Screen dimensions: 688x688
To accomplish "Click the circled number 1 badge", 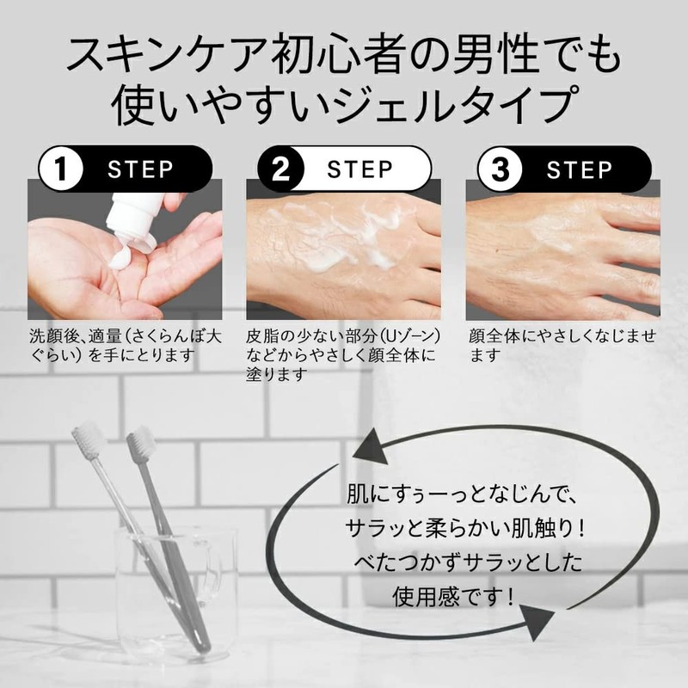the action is click(x=61, y=169).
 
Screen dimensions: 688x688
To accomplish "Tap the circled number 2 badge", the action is click(x=281, y=169).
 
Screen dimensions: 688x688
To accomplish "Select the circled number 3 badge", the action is click(x=500, y=169).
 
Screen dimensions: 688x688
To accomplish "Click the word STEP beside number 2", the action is click(x=359, y=169).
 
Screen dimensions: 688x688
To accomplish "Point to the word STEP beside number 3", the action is click(x=579, y=169).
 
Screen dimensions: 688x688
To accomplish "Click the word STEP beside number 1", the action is click(x=140, y=169).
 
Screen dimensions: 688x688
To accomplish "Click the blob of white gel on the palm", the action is click(x=120, y=259).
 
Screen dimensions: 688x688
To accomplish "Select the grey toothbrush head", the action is click(x=140, y=442).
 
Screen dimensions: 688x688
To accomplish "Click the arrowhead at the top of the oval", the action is click(x=370, y=448).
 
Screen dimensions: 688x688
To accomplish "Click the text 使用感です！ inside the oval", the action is click(x=453, y=597).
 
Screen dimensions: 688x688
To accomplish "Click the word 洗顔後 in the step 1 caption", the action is click(x=56, y=336).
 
